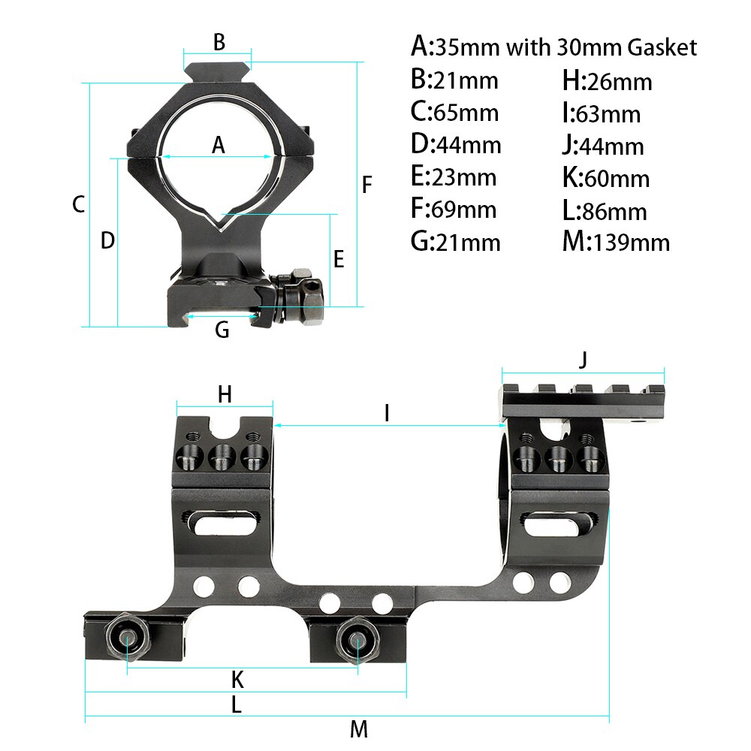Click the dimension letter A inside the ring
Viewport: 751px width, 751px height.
[x=219, y=145]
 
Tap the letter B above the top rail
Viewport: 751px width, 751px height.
[x=219, y=43]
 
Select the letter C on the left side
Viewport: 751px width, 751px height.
[x=78, y=204]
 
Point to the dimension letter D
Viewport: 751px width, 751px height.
[x=107, y=241]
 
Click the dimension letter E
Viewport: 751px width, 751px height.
[x=339, y=260]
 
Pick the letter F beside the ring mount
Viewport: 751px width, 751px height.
[x=366, y=185]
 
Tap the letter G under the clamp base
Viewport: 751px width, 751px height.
[x=222, y=329]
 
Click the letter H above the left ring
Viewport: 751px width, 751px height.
[x=225, y=394]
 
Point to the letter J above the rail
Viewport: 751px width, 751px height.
[x=584, y=360]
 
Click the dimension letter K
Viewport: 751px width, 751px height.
[x=237, y=680]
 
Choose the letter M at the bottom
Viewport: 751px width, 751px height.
[x=358, y=729]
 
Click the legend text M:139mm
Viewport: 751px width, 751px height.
[x=616, y=242]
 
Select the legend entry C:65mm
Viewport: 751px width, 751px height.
[x=454, y=113]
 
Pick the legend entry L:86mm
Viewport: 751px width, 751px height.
[x=605, y=211]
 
